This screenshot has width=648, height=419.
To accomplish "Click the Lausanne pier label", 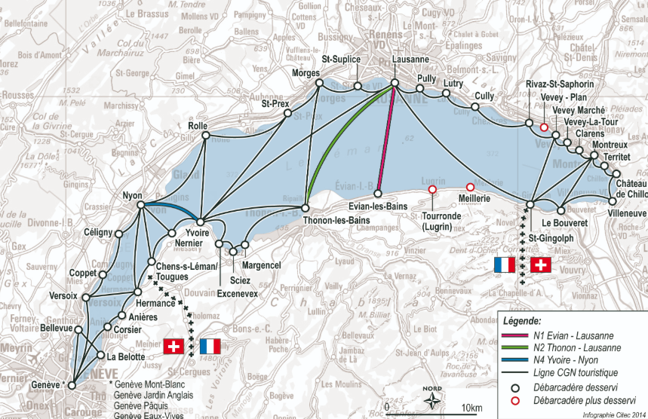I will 411,59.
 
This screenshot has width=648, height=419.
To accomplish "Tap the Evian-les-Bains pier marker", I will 376,194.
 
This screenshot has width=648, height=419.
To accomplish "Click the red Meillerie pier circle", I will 470,187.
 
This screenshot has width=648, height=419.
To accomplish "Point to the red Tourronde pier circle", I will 432,190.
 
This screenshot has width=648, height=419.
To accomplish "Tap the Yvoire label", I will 198,234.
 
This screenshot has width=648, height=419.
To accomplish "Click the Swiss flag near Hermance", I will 174,347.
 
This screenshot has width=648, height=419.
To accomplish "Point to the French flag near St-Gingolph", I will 504,265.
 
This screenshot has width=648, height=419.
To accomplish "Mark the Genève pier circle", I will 72,385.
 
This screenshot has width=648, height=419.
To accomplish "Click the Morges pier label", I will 306,72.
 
